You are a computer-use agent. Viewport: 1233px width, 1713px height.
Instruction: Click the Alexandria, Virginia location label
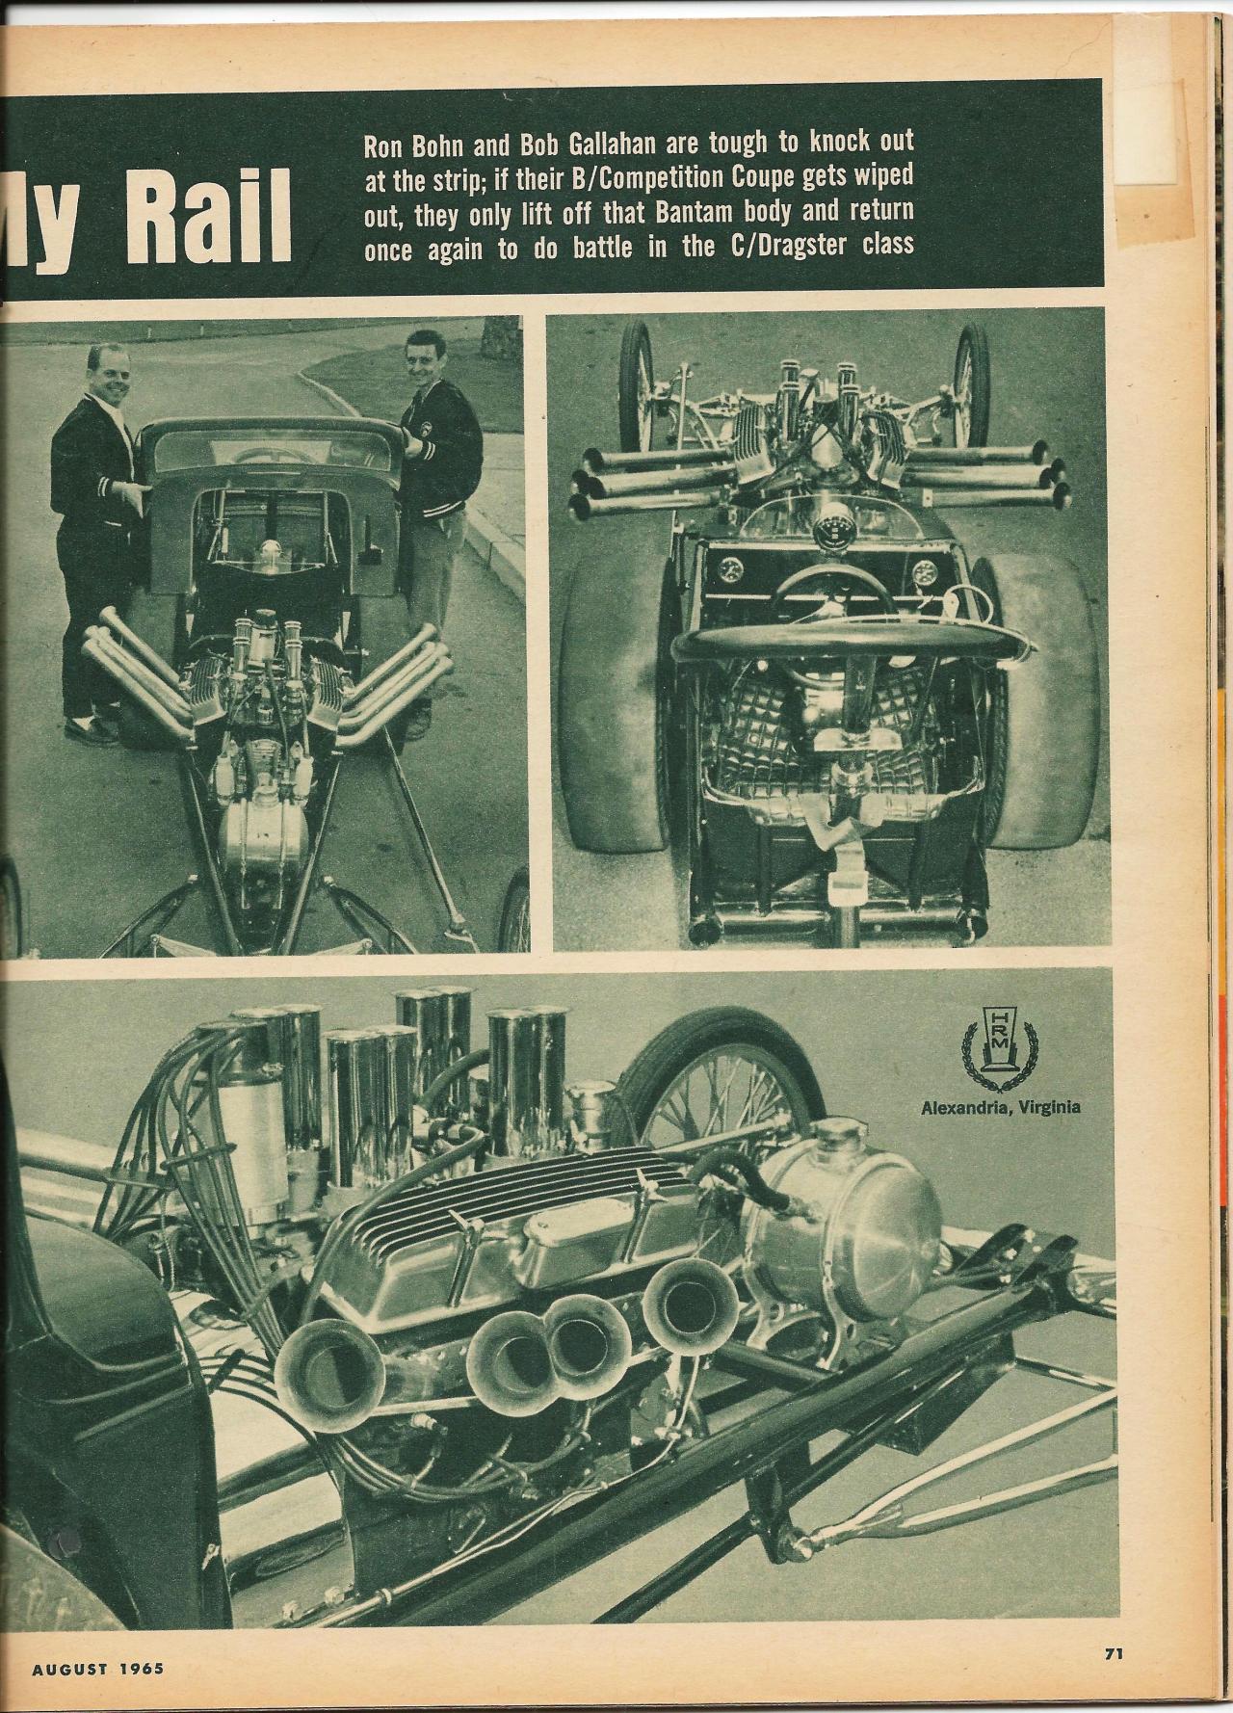coord(1000,1106)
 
